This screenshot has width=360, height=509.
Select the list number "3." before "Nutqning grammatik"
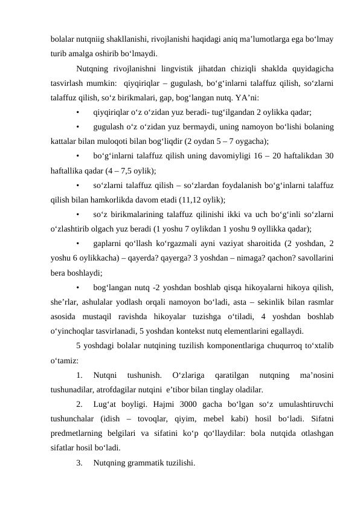[80, 462]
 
